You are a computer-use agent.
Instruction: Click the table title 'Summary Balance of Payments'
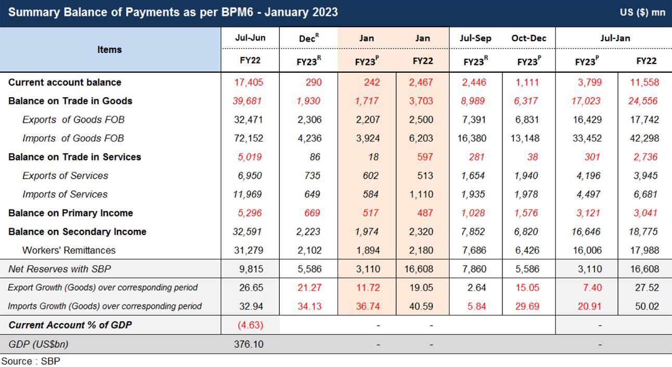click(x=173, y=12)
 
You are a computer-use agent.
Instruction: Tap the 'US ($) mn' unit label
click(x=642, y=12)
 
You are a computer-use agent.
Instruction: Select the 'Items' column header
click(x=109, y=49)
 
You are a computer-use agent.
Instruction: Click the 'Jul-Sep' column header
click(x=475, y=38)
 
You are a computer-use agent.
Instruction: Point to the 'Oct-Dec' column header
click(x=528, y=38)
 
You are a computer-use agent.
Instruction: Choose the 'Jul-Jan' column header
click(x=615, y=38)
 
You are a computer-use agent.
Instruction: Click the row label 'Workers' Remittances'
click(x=69, y=250)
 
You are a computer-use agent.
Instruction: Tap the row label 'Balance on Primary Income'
click(x=70, y=213)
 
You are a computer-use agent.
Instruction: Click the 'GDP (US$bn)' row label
click(x=38, y=344)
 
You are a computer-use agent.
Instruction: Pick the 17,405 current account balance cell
click(x=249, y=82)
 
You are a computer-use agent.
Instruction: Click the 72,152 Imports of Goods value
click(x=249, y=138)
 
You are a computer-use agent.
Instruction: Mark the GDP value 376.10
click(x=249, y=344)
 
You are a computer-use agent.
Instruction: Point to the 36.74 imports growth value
click(x=367, y=306)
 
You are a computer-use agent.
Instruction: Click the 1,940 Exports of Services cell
click(x=527, y=176)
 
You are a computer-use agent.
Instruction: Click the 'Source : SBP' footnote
click(x=30, y=361)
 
